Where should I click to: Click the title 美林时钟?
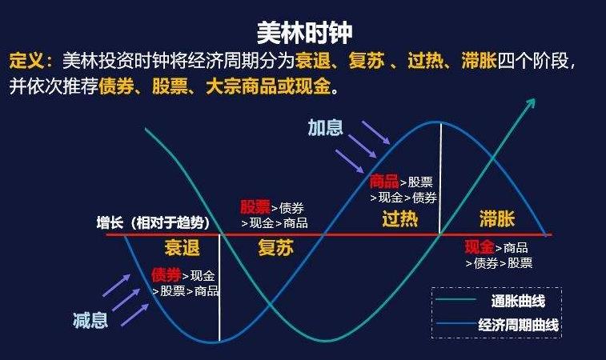(304, 32)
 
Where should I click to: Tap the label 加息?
(326, 127)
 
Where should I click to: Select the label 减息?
(90, 320)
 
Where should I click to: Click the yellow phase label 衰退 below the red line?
(182, 247)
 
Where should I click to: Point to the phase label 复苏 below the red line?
(276, 247)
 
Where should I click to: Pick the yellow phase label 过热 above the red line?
(400, 218)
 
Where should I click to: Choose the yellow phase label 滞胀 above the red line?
(497, 218)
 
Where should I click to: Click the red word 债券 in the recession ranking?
(167, 275)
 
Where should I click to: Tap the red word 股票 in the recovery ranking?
(255, 207)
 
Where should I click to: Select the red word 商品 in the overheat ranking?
(383, 181)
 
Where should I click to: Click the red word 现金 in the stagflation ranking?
(480, 247)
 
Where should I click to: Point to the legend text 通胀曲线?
(518, 301)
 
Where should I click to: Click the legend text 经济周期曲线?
(518, 325)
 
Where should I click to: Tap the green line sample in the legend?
(456, 299)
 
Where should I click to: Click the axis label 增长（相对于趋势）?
(154, 223)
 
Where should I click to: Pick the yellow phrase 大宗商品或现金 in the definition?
(268, 86)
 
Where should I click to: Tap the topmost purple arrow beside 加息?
(375, 133)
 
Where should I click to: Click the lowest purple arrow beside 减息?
(134, 315)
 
